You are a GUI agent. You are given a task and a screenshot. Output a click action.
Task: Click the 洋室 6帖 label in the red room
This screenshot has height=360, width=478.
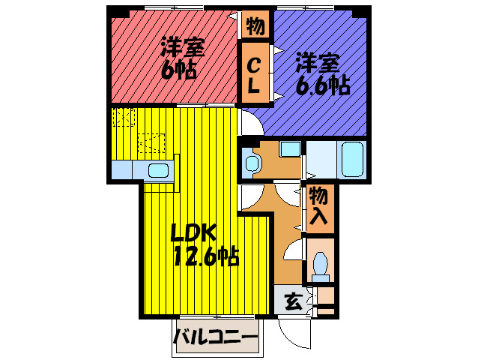[180, 58]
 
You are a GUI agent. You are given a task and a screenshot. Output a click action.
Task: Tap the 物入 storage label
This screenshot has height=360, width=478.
[318, 206]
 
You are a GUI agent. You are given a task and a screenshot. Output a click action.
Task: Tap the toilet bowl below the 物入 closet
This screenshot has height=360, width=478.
[321, 263]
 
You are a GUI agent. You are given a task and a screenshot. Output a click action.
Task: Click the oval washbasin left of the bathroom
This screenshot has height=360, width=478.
[251, 161]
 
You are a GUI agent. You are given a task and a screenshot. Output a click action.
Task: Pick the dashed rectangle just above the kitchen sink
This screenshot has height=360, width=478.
[151, 142]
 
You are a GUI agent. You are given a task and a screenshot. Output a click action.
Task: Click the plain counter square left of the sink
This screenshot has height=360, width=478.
[122, 170]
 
